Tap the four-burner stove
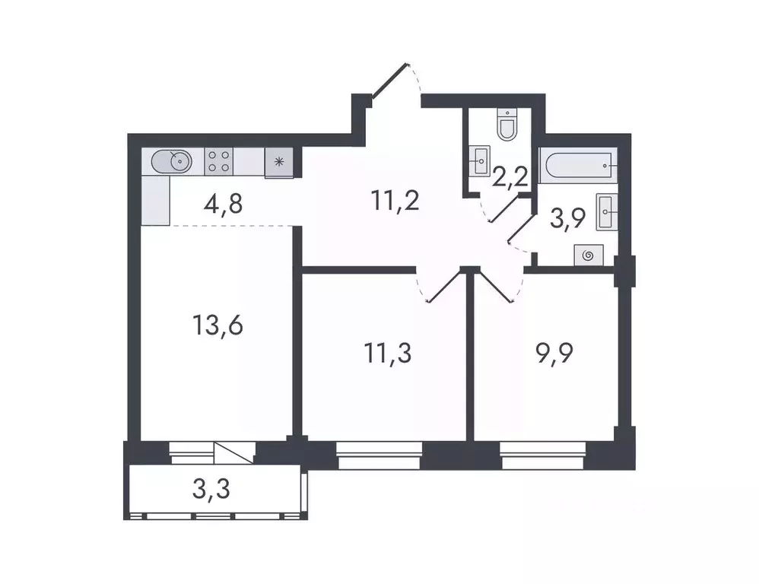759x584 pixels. point(219,161)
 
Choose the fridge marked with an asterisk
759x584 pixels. point(279,162)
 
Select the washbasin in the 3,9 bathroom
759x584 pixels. point(608,211)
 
